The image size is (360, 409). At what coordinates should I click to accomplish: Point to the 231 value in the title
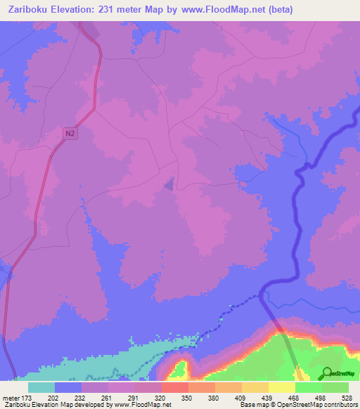coord(111,10)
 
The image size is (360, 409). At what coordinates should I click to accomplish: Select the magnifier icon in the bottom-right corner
coord(326,372)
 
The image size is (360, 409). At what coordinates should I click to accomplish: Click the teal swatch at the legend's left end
coord(41,387)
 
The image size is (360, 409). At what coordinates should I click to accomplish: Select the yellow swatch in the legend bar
coord(281,387)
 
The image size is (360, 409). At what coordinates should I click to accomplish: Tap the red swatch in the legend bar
coord(174,387)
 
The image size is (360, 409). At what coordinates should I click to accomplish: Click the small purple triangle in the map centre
coord(169,184)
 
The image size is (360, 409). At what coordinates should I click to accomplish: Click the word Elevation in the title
coord(73,10)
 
